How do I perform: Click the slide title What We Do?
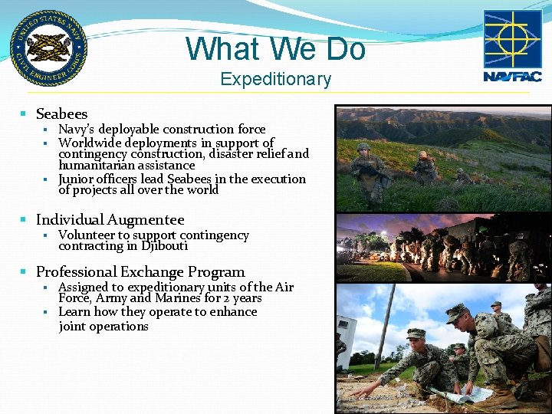click(x=275, y=49)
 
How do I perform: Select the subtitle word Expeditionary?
click(x=275, y=79)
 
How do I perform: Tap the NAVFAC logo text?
click(x=512, y=76)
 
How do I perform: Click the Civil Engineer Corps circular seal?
click(x=48, y=48)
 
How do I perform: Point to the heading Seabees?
click(x=61, y=114)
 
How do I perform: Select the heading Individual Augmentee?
click(x=110, y=220)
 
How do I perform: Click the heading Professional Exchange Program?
click(x=140, y=272)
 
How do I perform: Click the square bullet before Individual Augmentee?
click(x=24, y=221)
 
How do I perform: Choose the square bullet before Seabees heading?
click(x=24, y=115)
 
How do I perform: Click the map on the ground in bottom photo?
click(x=468, y=393)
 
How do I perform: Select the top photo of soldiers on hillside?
click(x=443, y=159)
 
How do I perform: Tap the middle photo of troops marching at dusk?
click(x=443, y=248)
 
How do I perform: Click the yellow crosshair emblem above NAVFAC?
click(x=512, y=39)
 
